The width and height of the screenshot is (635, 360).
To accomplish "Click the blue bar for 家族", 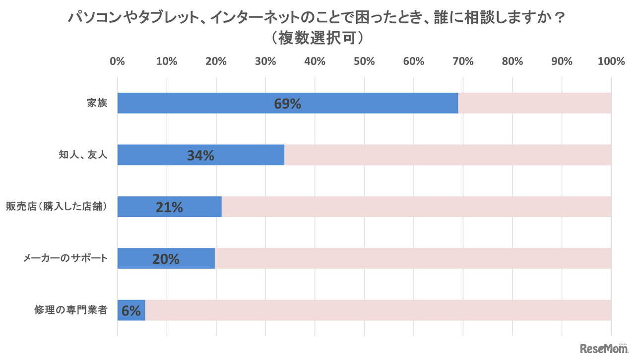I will pos(223,103).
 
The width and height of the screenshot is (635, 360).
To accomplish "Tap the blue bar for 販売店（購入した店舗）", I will pos(139,207).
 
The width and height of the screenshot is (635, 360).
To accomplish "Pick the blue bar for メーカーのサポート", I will pos(134,258).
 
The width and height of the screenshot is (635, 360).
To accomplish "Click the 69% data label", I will pos(287,104).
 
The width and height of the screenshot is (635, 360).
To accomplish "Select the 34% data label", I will pos(200,156).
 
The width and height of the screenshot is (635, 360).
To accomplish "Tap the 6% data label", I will pos(131,311).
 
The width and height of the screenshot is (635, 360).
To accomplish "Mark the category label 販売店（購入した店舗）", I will pos(57,207).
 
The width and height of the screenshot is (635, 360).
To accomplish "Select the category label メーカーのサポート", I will pos(65,258).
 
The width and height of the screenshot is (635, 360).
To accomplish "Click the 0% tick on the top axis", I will pos(117,61).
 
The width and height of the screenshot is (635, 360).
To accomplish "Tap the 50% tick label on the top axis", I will pos(364,61).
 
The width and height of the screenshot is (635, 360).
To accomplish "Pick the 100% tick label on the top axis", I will pos(611,61).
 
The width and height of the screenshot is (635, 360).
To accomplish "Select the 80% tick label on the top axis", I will pos(512,61).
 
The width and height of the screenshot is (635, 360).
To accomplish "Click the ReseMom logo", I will pos(603,348).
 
